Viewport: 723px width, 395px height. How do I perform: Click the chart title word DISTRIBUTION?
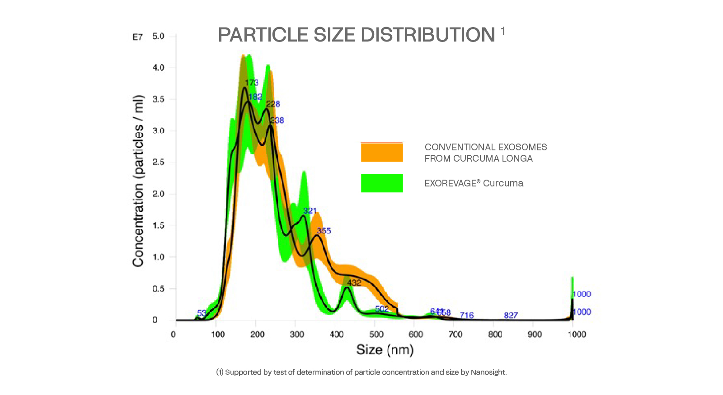pyautogui.click(x=427, y=35)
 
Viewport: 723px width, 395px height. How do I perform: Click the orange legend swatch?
pyautogui.click(x=382, y=153)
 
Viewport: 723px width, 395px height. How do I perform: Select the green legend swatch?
pyautogui.click(x=382, y=183)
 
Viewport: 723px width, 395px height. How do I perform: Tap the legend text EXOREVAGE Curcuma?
pyautogui.click(x=474, y=183)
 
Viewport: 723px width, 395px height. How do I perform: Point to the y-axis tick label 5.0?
pyautogui.click(x=158, y=36)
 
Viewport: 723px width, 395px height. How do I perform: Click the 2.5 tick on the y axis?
pyautogui.click(x=158, y=162)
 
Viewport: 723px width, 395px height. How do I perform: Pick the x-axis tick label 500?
pyautogui.click(x=376, y=335)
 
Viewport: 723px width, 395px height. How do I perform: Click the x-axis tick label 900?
pyautogui.click(x=535, y=335)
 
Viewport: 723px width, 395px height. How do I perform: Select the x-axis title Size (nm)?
pyautogui.click(x=385, y=349)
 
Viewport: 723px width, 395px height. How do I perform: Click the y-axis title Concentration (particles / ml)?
pyautogui.click(x=138, y=181)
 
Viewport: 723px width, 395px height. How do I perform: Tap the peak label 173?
pyautogui.click(x=252, y=83)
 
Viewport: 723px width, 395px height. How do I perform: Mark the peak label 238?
pyautogui.click(x=277, y=120)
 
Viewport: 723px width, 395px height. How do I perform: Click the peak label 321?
pyautogui.click(x=310, y=211)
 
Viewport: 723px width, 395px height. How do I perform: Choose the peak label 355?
pyautogui.click(x=324, y=231)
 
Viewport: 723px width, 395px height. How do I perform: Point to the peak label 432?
pyautogui.click(x=354, y=283)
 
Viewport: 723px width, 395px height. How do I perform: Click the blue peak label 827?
pyautogui.click(x=511, y=315)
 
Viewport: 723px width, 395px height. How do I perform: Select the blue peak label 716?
pyautogui.click(x=467, y=315)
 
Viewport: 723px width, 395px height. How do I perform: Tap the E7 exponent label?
pyautogui.click(x=137, y=37)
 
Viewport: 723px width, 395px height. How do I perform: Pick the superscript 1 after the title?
pyautogui.click(x=502, y=31)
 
